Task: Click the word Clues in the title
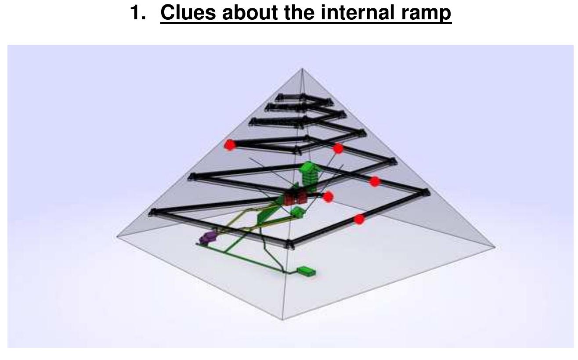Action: point(188,12)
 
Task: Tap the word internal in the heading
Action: point(358,12)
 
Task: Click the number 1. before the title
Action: point(138,12)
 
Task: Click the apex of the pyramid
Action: point(302,68)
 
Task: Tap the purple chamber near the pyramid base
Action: point(208,237)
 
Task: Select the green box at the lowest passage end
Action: point(306,271)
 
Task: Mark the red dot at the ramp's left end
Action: point(230,145)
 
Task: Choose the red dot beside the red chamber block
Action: point(328,197)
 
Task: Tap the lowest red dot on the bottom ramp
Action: point(359,220)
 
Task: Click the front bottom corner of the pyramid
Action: point(282,320)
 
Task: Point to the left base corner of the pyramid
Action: point(117,236)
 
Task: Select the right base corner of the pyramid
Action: point(495,247)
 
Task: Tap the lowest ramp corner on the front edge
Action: point(289,244)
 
